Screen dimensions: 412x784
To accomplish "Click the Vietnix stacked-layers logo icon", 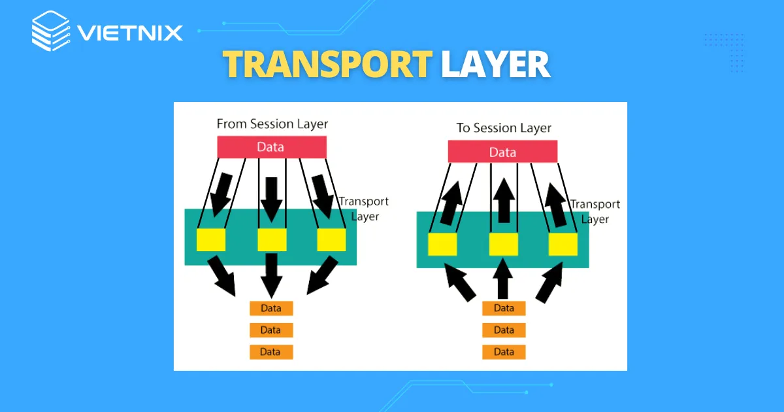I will pyautogui.click(x=50, y=31).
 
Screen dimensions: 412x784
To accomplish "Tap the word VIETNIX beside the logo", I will pyautogui.click(x=129, y=32).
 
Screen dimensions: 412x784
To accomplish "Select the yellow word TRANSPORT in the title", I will pyautogui.click(x=327, y=65).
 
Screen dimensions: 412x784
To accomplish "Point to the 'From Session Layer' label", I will pyautogui.click(x=272, y=123).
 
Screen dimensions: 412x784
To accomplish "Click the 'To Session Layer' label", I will pyautogui.click(x=504, y=128).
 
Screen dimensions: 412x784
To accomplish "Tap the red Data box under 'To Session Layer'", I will pyautogui.click(x=502, y=152).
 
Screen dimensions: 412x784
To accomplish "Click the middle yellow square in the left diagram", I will pyautogui.click(x=272, y=239).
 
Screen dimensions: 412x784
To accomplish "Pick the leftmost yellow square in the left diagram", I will pyautogui.click(x=211, y=239).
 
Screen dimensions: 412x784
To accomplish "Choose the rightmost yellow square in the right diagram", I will pyautogui.click(x=563, y=244).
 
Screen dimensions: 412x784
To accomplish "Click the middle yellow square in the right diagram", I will pyautogui.click(x=503, y=244).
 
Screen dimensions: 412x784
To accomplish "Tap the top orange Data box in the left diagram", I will pyautogui.click(x=270, y=308).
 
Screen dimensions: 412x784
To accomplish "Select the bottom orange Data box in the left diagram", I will pyautogui.click(x=270, y=351).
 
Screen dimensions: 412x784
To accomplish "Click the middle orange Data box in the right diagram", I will pyautogui.click(x=504, y=330).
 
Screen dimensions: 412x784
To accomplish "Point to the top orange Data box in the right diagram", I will pyautogui.click(x=504, y=308).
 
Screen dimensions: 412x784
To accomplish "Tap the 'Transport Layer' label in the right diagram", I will pyautogui.click(x=595, y=211).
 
